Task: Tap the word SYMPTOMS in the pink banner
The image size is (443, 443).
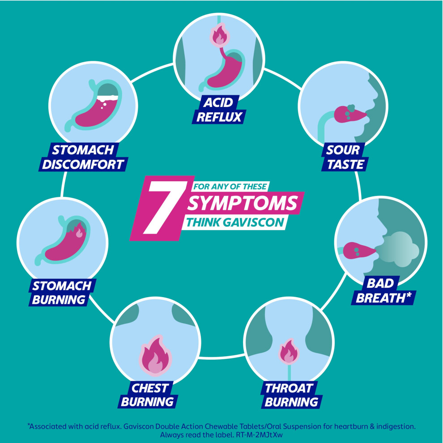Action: coord(243,203)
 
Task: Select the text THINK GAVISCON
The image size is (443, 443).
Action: coord(235,222)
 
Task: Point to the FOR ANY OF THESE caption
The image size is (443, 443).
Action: coord(230,187)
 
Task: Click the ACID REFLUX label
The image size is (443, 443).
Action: coord(219,110)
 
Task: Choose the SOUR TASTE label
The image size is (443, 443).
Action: coord(345,157)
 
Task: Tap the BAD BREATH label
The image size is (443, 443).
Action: coord(383,291)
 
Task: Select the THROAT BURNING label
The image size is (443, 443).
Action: coord(291,395)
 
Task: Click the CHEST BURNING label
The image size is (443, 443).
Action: coord(148,395)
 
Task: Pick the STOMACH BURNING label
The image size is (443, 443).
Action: coord(62,293)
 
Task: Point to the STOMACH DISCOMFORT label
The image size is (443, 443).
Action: coord(83,157)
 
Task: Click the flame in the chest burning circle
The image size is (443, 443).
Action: coord(155,355)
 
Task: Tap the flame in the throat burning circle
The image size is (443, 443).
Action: coord(289,352)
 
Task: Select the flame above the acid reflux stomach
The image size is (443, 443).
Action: coord(220,35)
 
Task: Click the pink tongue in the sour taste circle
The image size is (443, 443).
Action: coord(350,114)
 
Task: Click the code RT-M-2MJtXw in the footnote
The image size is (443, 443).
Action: coord(260,434)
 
